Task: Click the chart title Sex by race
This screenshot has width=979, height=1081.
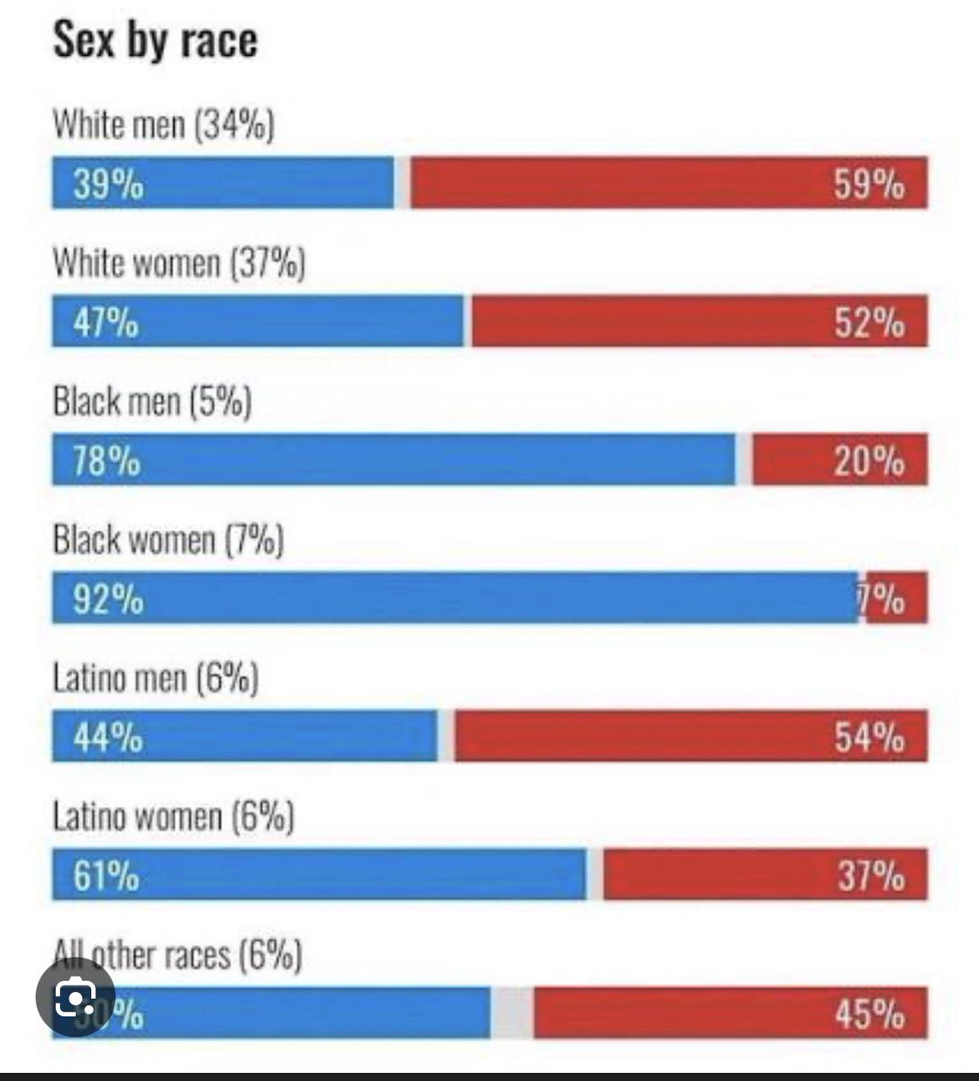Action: point(155,41)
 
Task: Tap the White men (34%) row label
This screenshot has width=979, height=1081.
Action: point(163,125)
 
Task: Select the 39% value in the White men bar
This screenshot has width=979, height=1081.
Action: point(108,186)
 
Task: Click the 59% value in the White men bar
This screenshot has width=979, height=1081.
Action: point(868,186)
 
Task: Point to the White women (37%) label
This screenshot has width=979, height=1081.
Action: point(179,264)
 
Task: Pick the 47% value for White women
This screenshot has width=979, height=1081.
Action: point(106,322)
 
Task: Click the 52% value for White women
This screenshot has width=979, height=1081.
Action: point(868,322)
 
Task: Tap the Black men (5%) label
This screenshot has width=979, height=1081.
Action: point(152,402)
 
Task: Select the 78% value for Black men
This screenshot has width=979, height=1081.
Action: point(107,461)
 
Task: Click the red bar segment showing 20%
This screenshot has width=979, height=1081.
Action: point(838,460)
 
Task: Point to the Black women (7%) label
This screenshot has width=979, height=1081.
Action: point(168,540)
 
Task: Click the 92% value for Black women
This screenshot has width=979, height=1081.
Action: point(108,599)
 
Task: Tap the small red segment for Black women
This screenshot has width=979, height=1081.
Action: point(895,598)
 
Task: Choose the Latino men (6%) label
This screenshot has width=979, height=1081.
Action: point(156,678)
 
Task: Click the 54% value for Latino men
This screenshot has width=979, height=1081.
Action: point(868,738)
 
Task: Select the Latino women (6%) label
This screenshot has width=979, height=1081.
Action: point(173,817)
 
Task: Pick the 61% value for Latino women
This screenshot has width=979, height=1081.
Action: point(106,876)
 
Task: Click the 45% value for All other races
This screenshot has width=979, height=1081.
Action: point(868,1014)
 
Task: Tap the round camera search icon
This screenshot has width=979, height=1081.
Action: point(76,996)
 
